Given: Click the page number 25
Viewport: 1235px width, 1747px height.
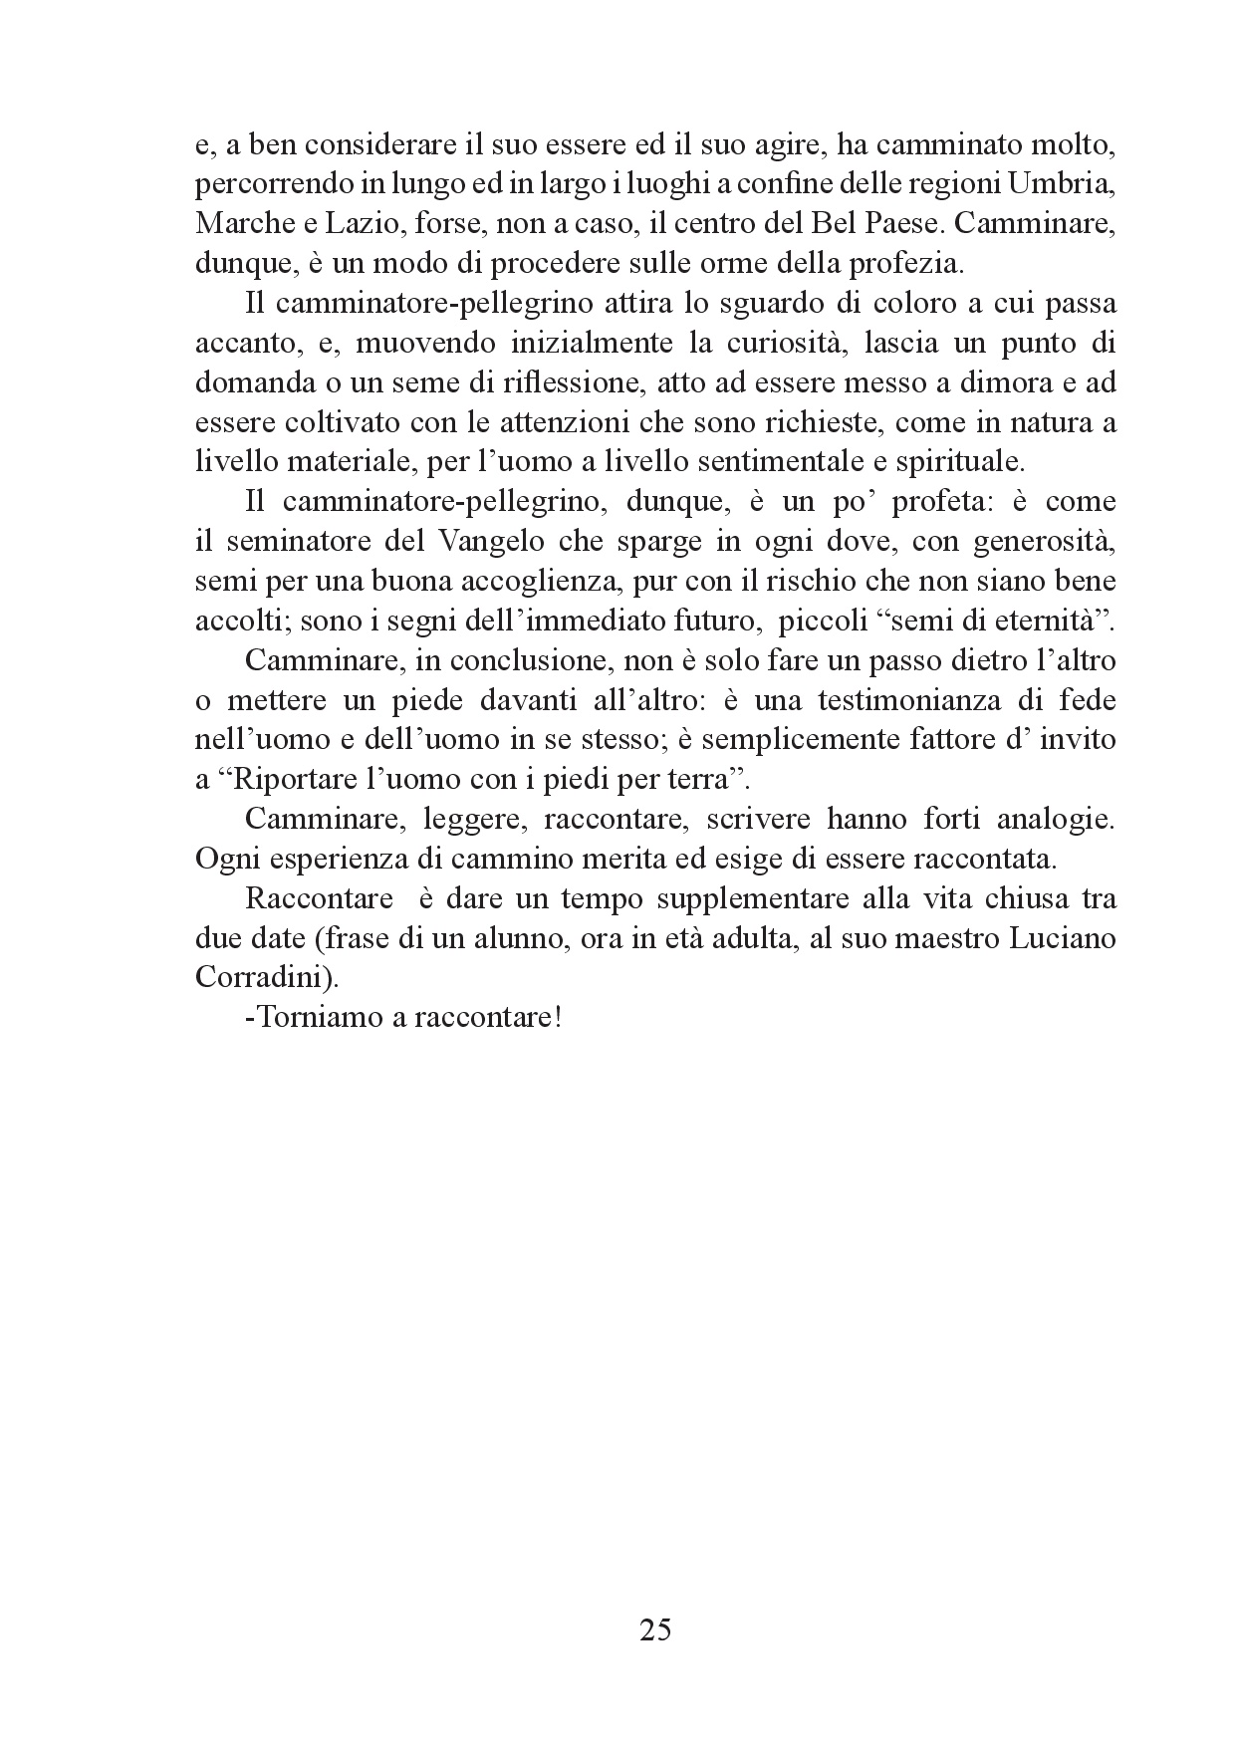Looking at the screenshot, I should pyautogui.click(x=654, y=1630).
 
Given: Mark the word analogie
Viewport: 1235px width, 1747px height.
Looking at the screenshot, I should pyautogui.click(x=1053, y=819).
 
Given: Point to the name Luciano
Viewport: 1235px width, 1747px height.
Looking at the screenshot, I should pyautogui.click(x=1066, y=938).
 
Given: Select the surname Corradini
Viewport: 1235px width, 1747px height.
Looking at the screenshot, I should pyautogui.click(x=261, y=978).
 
